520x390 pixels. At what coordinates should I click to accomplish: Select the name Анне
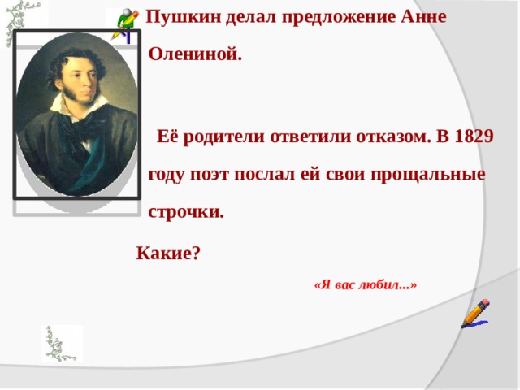tap(423, 18)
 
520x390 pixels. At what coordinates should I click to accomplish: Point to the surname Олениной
tap(195, 56)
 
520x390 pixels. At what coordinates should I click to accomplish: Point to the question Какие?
tap(168, 252)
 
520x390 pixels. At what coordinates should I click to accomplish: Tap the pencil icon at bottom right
tap(475, 313)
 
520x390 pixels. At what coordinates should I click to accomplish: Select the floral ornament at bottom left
tap(62, 343)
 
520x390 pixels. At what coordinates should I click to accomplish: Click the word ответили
tap(310, 136)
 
